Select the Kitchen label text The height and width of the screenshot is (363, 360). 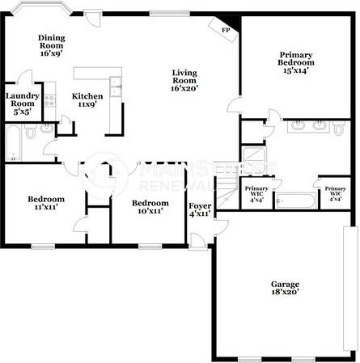(x=87, y=99)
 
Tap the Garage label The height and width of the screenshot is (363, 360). (x=285, y=289)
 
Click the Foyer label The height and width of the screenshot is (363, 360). (x=200, y=209)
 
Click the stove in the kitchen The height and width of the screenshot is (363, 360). (x=50, y=101)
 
